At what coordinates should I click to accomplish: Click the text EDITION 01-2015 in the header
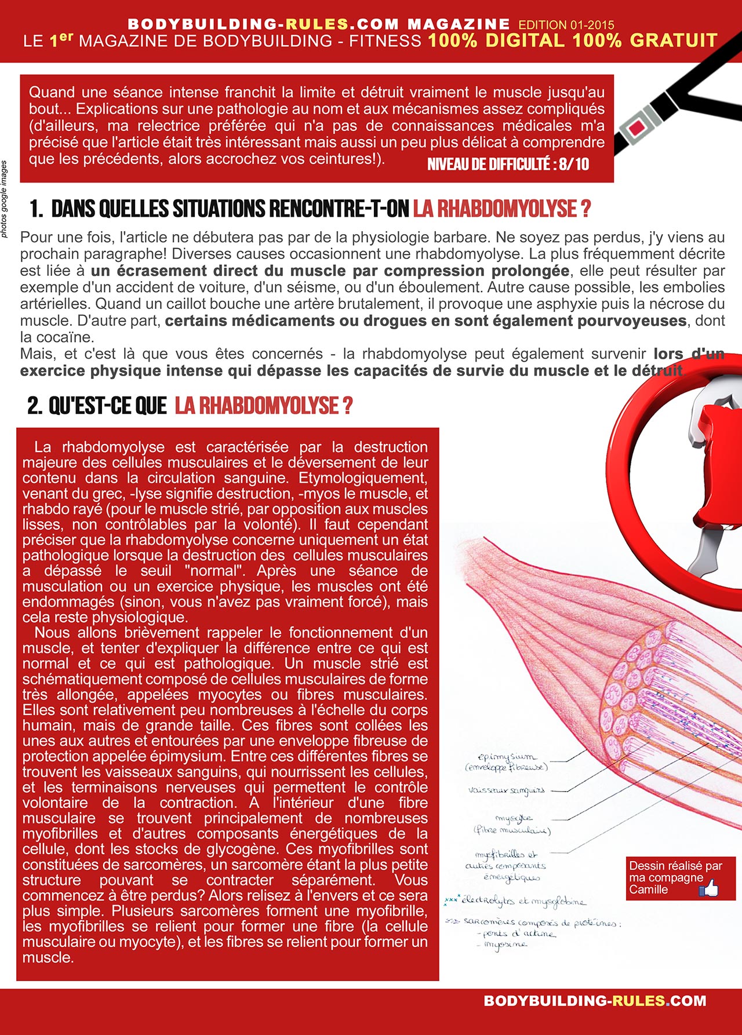pyautogui.click(x=566, y=25)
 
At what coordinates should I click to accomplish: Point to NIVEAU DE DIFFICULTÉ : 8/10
pyautogui.click(x=508, y=164)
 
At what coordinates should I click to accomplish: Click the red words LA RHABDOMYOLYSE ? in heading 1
pyautogui.click(x=501, y=209)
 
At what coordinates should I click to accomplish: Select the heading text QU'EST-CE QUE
pyautogui.click(x=108, y=406)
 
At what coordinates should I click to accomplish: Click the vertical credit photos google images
pyautogui.click(x=5, y=199)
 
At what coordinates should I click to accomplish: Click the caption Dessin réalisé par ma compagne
pyautogui.click(x=675, y=872)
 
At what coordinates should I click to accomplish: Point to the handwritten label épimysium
pyautogui.click(x=507, y=757)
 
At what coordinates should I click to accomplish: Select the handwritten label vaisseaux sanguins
pyautogui.click(x=506, y=790)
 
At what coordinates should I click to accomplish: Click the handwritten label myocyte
pyautogui.click(x=514, y=818)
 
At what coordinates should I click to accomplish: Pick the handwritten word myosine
pyautogui.click(x=505, y=945)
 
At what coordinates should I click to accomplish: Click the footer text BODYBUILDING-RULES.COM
pyautogui.click(x=595, y=1001)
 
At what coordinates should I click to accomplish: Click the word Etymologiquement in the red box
pyautogui.click(x=363, y=478)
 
